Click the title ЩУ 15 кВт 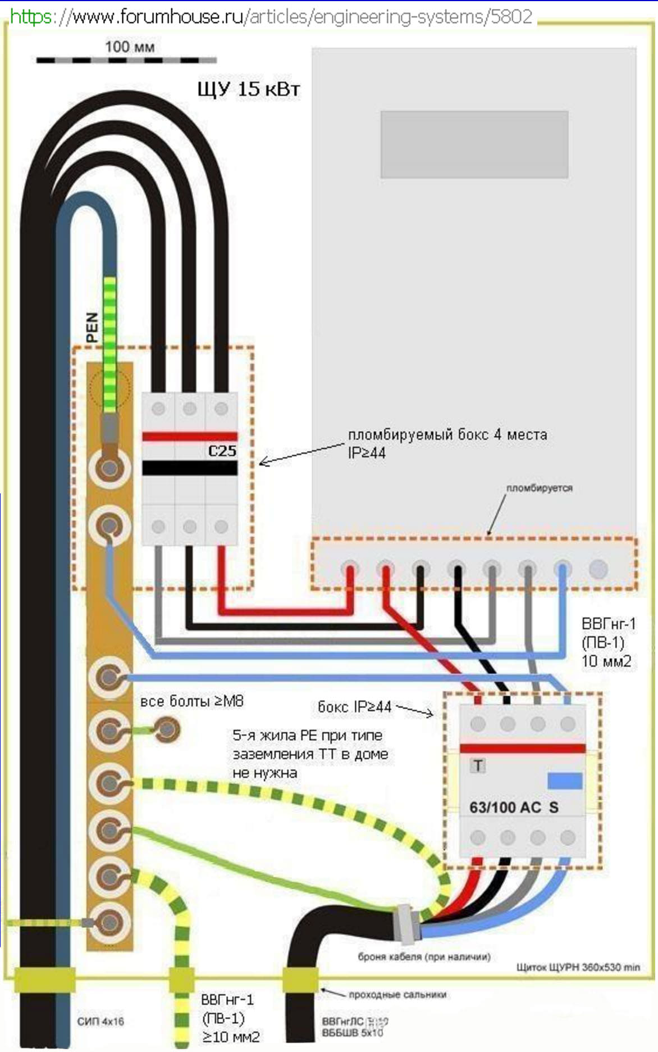[x=249, y=89]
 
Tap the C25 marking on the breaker [x=222, y=451]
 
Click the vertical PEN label [x=92, y=327]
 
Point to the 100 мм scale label [x=129, y=47]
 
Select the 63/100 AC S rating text [x=514, y=807]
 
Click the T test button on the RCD [x=478, y=765]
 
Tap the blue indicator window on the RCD [x=564, y=781]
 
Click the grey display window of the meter [x=474, y=144]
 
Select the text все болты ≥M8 [x=191, y=701]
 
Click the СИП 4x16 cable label [x=100, y=1021]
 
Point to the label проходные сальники [x=397, y=994]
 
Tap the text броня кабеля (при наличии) [x=424, y=956]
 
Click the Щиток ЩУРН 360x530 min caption [x=578, y=967]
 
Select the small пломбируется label [x=539, y=488]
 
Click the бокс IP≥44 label [x=354, y=706]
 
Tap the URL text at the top [x=271, y=17]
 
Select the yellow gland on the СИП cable [x=45, y=980]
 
